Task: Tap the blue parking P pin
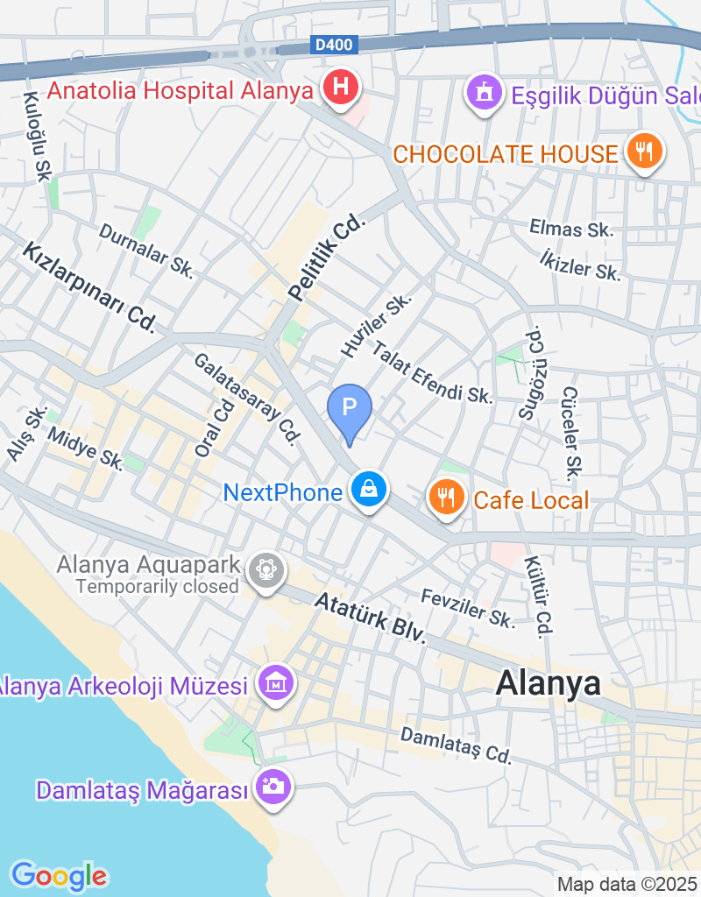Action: [x=350, y=408]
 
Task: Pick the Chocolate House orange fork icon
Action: [x=644, y=152]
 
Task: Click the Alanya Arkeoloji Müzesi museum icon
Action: [x=275, y=681]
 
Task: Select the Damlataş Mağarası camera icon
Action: [x=273, y=785]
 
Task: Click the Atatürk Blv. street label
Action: [x=369, y=618]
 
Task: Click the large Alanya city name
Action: [x=549, y=683]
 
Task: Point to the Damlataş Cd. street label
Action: [x=456, y=745]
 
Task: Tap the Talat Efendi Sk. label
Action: [x=432, y=372]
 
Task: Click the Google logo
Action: [x=59, y=875]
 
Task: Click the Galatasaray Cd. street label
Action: [x=247, y=399]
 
